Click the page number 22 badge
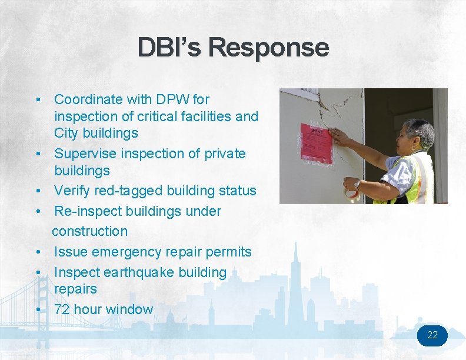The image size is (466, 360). (x=432, y=335)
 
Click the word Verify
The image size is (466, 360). (x=72, y=191)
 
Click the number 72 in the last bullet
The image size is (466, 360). (x=62, y=309)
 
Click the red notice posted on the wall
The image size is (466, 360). (x=317, y=144)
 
